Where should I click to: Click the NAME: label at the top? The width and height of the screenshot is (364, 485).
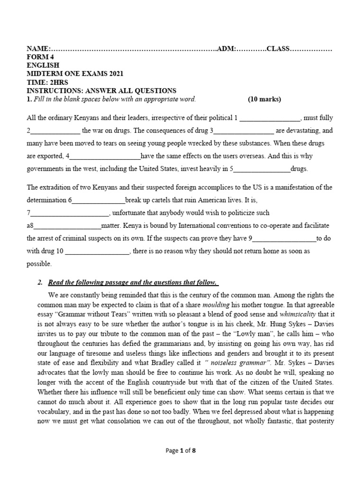(x=38, y=49)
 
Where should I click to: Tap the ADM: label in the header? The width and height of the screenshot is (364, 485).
(x=227, y=49)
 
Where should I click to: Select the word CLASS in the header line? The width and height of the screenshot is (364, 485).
(x=278, y=49)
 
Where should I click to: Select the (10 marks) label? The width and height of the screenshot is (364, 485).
(x=264, y=99)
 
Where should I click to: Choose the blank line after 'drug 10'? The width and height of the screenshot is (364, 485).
(x=97, y=251)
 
